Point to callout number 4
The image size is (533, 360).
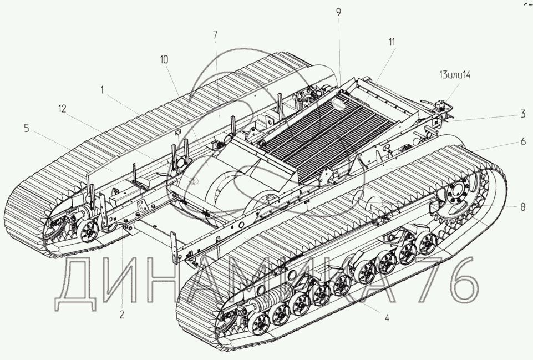click(387, 318)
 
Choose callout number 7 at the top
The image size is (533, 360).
click(215, 35)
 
